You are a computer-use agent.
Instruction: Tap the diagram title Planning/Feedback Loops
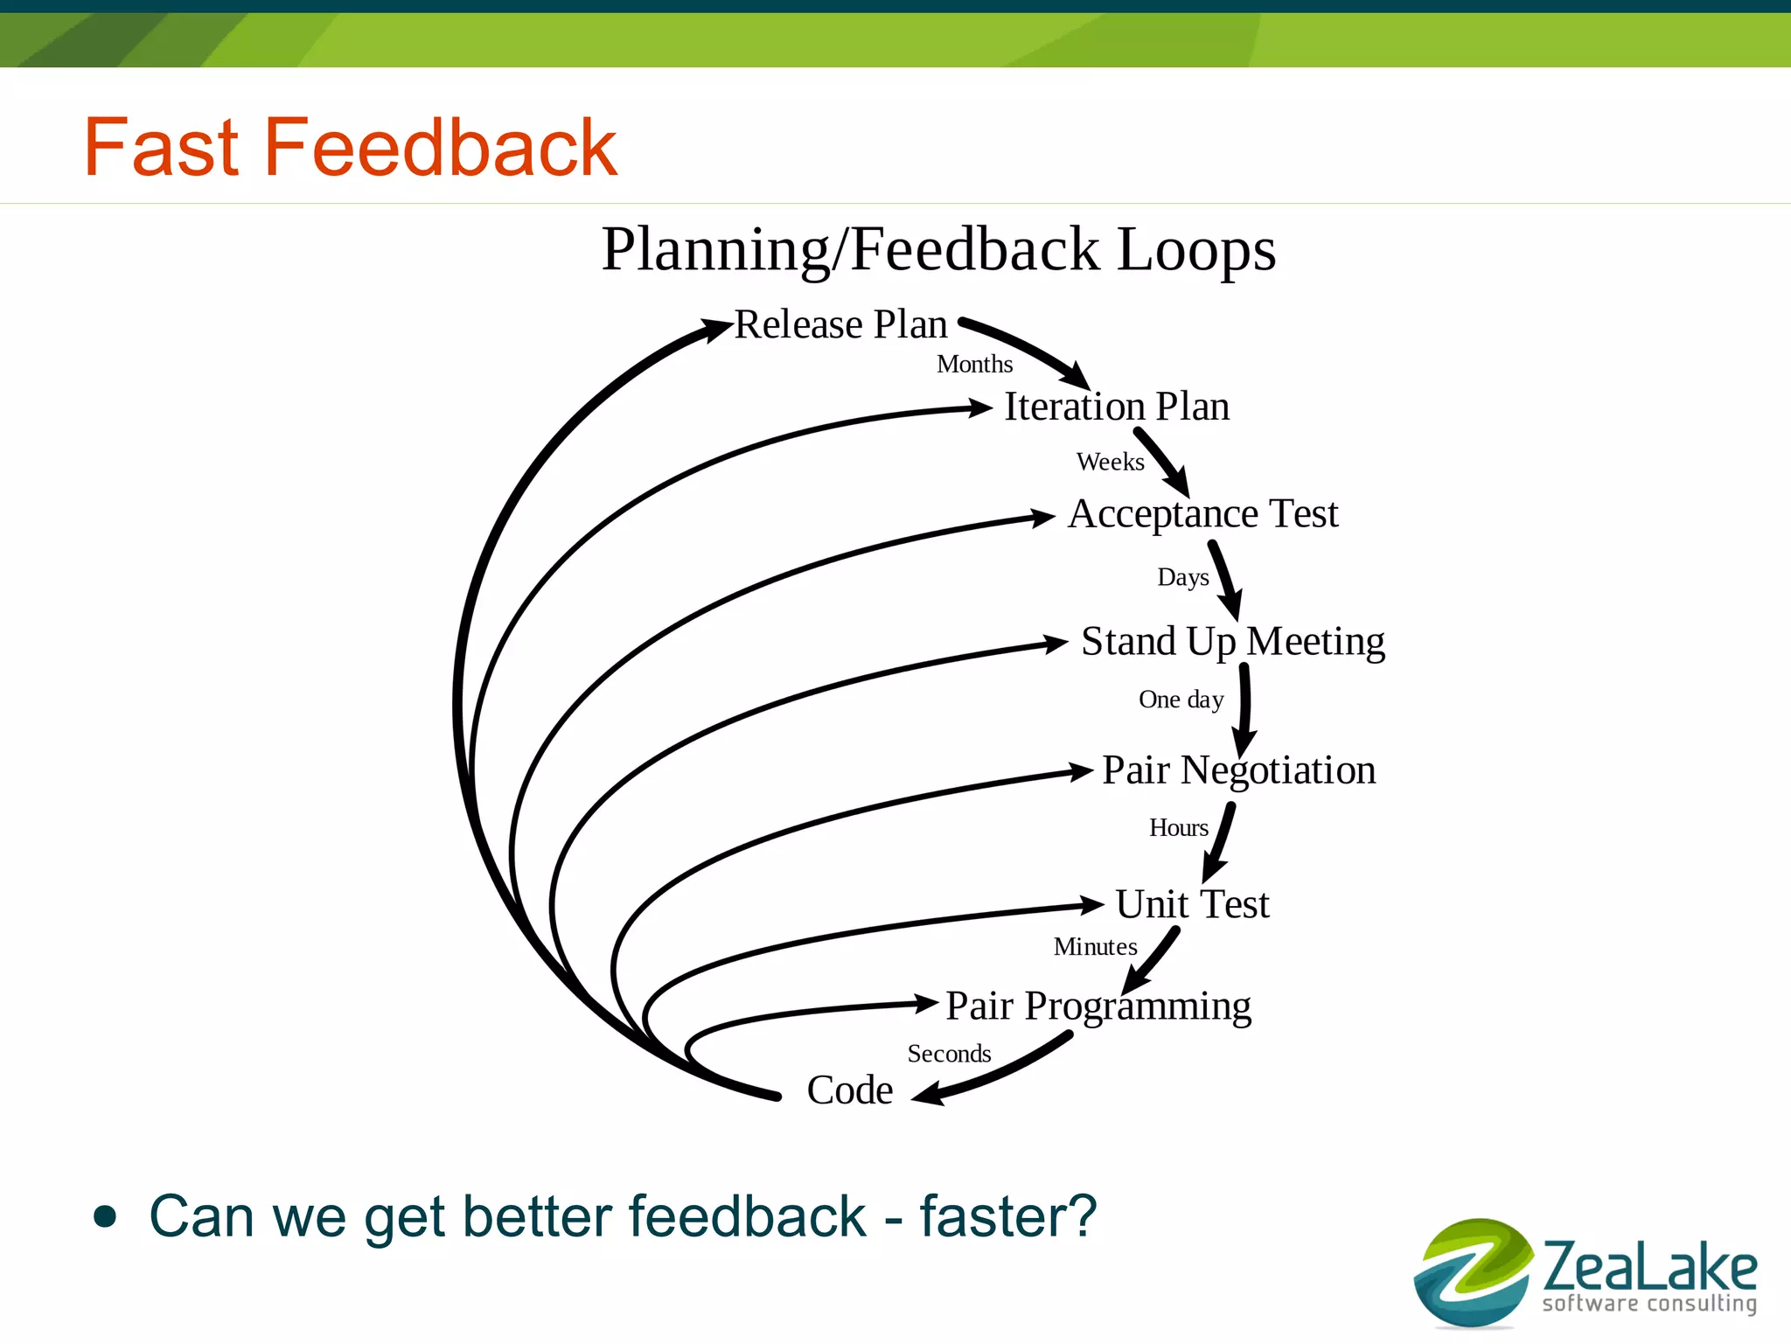(x=938, y=249)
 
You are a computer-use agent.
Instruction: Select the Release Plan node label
(x=840, y=324)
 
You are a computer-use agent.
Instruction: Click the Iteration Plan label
(x=1117, y=407)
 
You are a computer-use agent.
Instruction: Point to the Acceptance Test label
(x=1202, y=513)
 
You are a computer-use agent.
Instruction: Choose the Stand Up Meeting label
(x=1232, y=642)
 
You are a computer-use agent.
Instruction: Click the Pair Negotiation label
(x=1238, y=770)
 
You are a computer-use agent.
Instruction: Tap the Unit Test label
(x=1192, y=904)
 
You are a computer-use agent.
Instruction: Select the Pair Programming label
(x=1098, y=1006)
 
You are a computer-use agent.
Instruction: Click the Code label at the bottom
(x=849, y=1090)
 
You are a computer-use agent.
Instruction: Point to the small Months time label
(x=974, y=365)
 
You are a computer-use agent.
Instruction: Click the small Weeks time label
(x=1110, y=462)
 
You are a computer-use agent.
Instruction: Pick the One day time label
(x=1181, y=700)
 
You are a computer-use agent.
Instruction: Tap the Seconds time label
(x=949, y=1054)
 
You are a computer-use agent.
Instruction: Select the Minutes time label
(x=1095, y=947)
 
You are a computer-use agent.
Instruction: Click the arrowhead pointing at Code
(x=929, y=1094)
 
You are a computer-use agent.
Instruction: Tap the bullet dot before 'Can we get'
(x=105, y=1216)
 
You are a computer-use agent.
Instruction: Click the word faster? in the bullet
(x=1007, y=1216)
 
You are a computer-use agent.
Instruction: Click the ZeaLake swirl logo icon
(x=1473, y=1272)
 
